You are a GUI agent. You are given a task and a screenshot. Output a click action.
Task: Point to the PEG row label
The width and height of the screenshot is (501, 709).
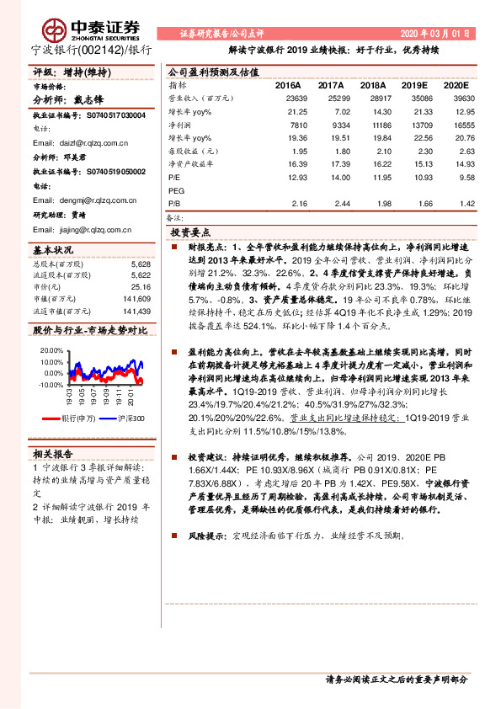[x=177, y=191]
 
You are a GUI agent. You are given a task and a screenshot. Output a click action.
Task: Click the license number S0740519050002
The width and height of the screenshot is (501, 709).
[x=115, y=171]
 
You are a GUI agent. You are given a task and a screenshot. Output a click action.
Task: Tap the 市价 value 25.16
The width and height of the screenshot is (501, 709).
[x=141, y=286]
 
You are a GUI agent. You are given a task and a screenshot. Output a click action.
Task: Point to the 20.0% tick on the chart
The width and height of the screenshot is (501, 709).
[x=51, y=349]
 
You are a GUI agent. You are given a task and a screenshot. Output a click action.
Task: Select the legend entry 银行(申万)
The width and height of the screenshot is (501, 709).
[x=83, y=417]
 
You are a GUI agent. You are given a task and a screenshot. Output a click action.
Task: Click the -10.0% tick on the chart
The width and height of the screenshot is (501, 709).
[x=51, y=384]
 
